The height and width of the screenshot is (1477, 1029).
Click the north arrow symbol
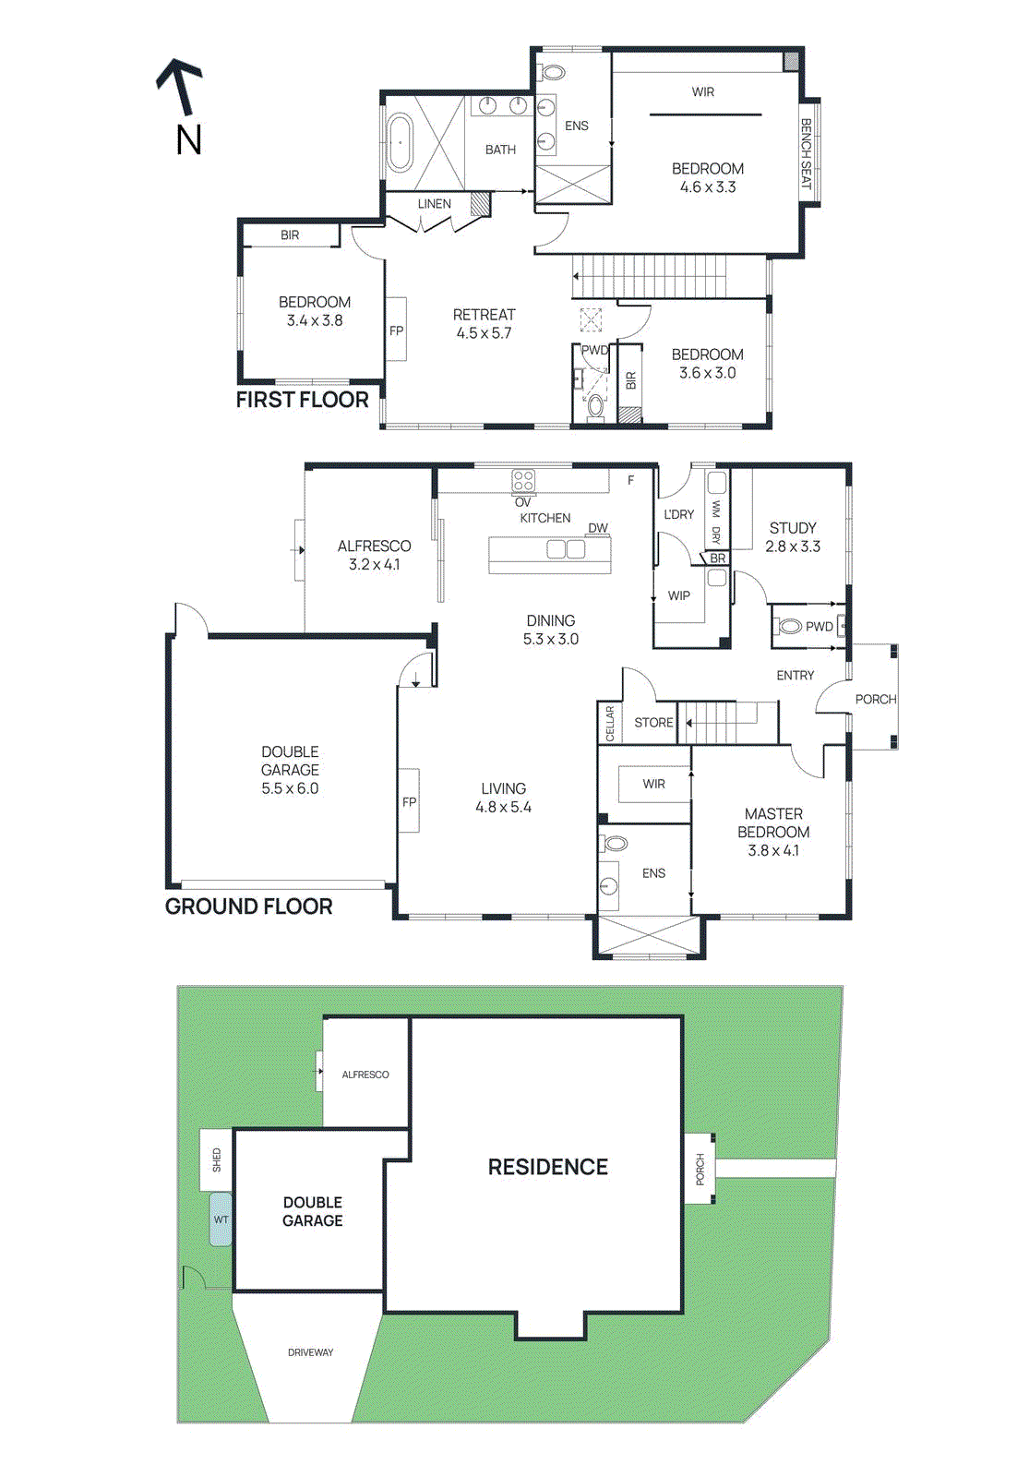[180, 89]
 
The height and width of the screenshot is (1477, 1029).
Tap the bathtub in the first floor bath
[400, 142]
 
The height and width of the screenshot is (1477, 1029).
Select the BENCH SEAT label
[806, 154]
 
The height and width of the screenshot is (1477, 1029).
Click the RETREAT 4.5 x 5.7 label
[484, 324]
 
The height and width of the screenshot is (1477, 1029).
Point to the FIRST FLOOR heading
[302, 400]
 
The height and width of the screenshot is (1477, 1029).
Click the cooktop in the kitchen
[523, 481]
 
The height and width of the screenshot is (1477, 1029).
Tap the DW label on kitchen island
[598, 528]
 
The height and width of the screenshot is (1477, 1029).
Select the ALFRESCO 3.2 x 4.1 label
[374, 555]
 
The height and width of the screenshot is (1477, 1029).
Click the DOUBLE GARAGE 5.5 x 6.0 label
[290, 770]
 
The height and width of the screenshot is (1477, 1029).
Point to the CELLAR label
[610, 724]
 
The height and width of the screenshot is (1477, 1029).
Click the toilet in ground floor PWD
[789, 627]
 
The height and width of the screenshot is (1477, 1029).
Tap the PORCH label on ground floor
[875, 699]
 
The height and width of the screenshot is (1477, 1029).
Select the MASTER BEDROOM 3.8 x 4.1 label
[773, 832]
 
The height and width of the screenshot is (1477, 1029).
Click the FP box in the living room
[409, 801]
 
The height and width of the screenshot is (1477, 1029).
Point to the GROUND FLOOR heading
[248, 907]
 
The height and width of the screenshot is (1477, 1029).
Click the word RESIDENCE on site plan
[547, 1167]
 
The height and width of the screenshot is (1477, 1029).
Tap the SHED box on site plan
[217, 1159]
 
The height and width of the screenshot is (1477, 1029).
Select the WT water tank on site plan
[221, 1219]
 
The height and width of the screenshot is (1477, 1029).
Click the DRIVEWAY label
[310, 1352]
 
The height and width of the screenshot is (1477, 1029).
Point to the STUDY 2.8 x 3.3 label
[793, 536]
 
